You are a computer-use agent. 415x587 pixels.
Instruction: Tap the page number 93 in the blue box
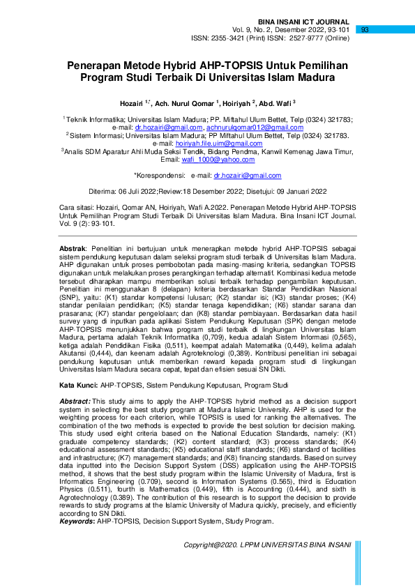(365, 30)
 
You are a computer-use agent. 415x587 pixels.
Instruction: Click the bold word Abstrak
(71, 248)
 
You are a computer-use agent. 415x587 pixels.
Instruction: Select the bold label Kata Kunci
(77, 386)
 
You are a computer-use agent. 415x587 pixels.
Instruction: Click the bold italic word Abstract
(75, 402)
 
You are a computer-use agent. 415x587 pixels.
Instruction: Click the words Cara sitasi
(76, 208)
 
